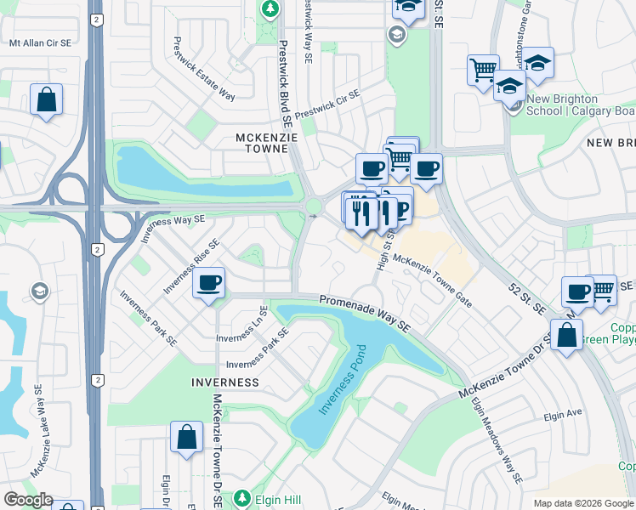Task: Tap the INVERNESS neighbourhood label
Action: [224, 382]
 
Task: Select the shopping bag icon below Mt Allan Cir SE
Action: [46, 99]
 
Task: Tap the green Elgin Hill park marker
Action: [243, 497]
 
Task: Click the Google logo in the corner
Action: [27, 500]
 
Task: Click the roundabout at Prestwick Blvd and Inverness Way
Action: [314, 207]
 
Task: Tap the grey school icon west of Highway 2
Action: [39, 292]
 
